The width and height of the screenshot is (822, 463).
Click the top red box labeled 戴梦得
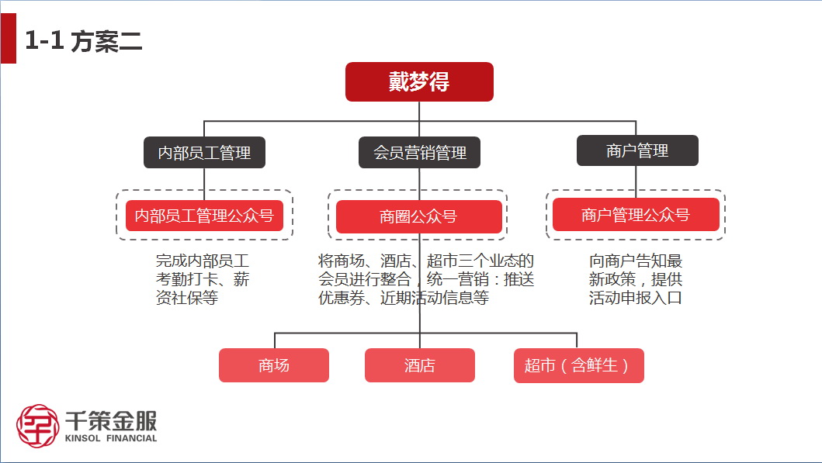point(419,81)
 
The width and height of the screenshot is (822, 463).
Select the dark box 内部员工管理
point(204,153)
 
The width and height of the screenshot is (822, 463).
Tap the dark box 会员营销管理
point(419,153)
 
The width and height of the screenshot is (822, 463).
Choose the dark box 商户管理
point(637,150)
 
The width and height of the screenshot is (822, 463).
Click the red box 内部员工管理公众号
point(204,216)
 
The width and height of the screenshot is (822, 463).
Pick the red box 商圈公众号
point(419,217)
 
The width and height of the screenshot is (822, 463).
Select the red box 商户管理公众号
point(636,214)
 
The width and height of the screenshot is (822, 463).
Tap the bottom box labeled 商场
point(274,365)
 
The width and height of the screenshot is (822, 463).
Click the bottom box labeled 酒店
point(420,365)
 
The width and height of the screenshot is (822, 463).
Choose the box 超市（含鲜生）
point(579,365)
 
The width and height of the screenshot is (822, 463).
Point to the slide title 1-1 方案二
point(83,41)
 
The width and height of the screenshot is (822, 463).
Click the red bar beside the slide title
point(9,38)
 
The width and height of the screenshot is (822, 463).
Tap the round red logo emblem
point(37,426)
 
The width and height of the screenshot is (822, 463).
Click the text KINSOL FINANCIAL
point(111,438)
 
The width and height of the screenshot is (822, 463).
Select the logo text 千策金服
point(111,420)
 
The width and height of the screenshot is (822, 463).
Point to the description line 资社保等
point(187,298)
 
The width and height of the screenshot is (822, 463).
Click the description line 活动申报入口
point(636,298)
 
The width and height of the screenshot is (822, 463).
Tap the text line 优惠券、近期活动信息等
point(404,298)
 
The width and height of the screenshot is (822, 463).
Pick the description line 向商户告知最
point(636,261)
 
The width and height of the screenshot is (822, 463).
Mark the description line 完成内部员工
point(203,261)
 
